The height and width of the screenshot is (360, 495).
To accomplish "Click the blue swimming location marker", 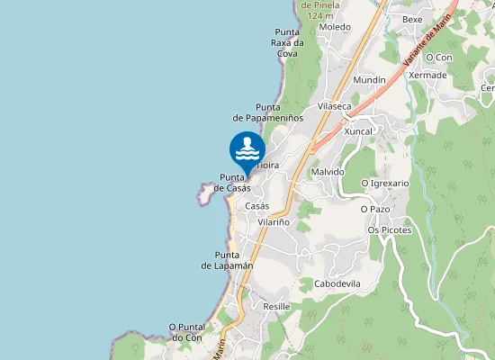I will pos(247,148).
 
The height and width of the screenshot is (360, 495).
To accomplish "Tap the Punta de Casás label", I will pos(232,183).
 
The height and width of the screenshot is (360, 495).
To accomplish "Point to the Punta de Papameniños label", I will pos(268,112).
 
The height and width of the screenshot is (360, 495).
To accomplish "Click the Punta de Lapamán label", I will pos(227,260).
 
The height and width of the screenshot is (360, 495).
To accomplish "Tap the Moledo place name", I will pos(335,27).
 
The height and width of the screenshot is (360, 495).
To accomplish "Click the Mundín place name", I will pos(369,80).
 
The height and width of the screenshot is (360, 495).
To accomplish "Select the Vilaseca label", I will pos(334,106).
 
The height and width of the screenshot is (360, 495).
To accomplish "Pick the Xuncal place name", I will pos(358,130).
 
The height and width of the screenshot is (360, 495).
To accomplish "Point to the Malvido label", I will pos(328,171).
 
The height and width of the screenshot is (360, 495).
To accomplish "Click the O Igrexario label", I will pos(384,183).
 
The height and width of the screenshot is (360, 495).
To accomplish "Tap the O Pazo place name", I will pos(375,209).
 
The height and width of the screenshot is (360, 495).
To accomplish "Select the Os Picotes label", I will pos(390,229).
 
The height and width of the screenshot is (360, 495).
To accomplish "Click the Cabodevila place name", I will pos(337,283).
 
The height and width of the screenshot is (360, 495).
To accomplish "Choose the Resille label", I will pos(276,307).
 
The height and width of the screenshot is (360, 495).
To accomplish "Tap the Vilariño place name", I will pos(274,221).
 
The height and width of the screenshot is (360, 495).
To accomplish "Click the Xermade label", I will pos(427,75).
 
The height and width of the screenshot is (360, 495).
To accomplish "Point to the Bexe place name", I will pos(412,19).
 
